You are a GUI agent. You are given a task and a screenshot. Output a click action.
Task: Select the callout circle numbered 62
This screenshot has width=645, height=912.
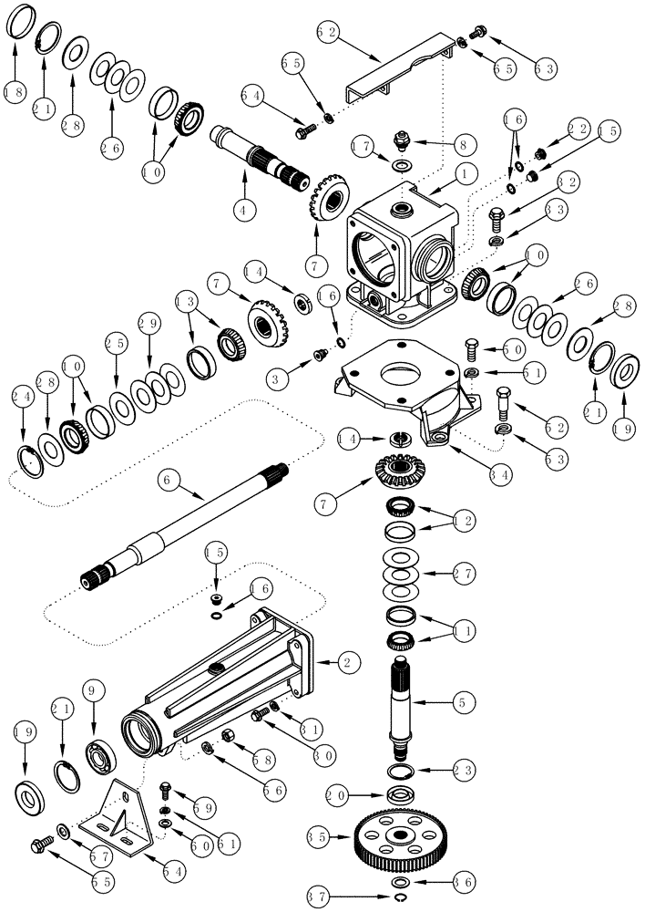point(328,32)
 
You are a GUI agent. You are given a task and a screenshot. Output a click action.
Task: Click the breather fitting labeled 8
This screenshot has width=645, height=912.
point(397,143)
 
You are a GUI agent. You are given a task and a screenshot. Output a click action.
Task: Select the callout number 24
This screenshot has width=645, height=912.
point(23,396)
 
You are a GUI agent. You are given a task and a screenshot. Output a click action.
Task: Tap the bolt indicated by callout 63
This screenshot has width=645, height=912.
point(482,33)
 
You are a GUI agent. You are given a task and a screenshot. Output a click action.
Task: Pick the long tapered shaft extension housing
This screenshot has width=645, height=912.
point(219,684)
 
